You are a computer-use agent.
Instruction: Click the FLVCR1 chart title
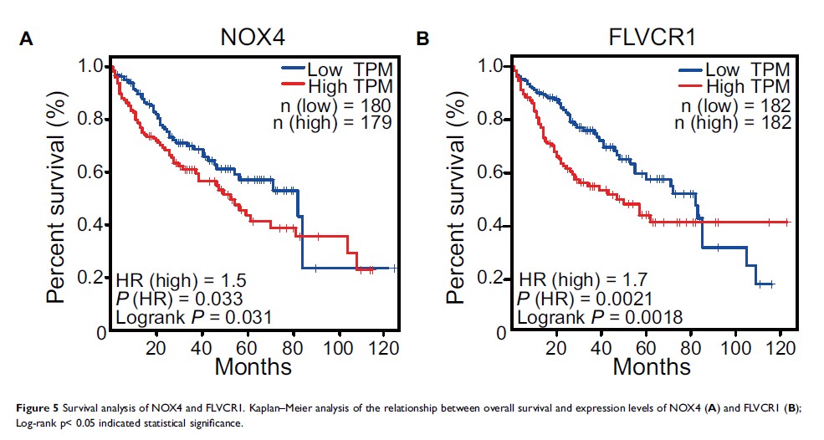point(651,39)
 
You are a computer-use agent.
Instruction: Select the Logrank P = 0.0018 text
point(601,316)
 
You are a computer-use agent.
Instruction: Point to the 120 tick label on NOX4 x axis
point(384,345)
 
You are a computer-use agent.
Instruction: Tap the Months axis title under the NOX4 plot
point(253,366)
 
